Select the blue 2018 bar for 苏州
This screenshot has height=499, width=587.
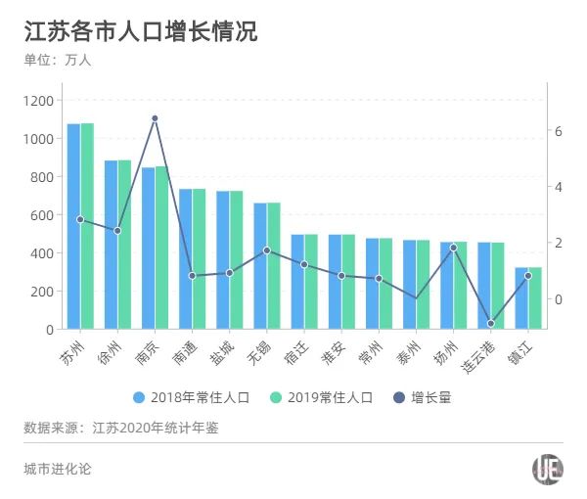[73, 226]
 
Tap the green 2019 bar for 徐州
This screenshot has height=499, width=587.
[124, 245]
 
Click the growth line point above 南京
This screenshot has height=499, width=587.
[155, 118]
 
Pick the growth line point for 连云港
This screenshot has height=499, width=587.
[491, 324]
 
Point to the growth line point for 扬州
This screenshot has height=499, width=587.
[454, 248]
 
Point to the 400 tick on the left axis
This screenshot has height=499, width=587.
[43, 253]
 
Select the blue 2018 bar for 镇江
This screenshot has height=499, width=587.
[521, 298]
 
